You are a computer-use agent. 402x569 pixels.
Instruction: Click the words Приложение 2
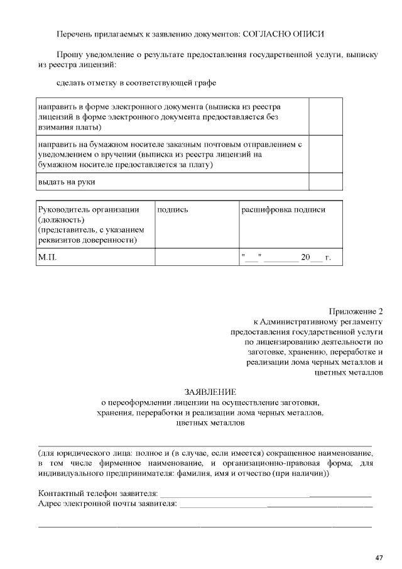[356, 311]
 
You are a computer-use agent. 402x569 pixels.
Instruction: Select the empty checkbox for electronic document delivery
[325, 117]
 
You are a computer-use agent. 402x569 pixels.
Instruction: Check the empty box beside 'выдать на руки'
[325, 182]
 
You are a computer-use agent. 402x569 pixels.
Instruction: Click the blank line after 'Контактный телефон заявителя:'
[264, 494]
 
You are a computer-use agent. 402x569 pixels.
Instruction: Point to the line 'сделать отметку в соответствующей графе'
[136, 83]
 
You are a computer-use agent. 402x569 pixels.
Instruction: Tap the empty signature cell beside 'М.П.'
[197, 257]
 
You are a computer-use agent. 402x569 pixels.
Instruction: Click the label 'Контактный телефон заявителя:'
[98, 494]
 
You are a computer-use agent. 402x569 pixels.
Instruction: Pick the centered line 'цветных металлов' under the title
[210, 423]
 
